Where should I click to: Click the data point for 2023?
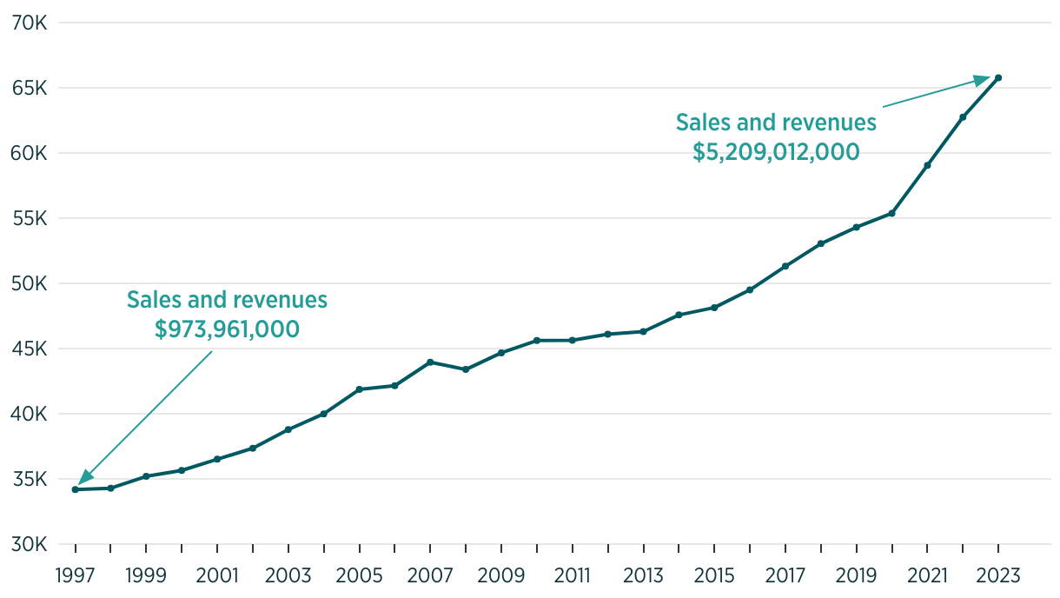click(998, 78)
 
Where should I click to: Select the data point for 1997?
click(76, 489)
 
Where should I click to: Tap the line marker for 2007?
click(431, 362)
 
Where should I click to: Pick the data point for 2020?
click(891, 213)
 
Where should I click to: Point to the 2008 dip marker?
click(466, 369)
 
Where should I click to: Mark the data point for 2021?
click(927, 165)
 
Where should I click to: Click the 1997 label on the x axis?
click(76, 575)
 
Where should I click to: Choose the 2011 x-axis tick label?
click(573, 575)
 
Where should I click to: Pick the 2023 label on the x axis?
click(998, 575)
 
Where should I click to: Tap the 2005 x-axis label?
click(360, 575)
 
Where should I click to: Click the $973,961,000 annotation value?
click(227, 329)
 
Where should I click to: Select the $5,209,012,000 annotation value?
click(776, 152)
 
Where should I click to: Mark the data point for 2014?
click(679, 315)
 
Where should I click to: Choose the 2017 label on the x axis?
click(785, 575)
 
